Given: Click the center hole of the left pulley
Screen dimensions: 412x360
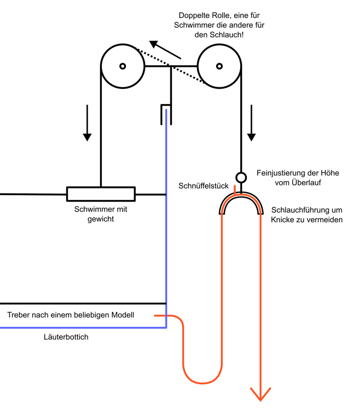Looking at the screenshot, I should point(122,66).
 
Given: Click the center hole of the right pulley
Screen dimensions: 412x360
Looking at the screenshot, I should point(219,66).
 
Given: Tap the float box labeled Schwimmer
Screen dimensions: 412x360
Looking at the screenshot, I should point(100,194).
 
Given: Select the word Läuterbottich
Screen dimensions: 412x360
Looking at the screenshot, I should point(66,337).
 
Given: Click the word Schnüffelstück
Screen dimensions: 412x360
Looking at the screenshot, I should point(203,186).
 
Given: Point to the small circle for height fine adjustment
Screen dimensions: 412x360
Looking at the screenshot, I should point(241,178).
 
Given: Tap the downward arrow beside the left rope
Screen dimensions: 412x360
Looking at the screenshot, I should point(87,123).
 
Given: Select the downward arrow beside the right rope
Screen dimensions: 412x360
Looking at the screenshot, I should point(251,123).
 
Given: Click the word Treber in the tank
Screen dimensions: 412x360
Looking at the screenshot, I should point(18,315).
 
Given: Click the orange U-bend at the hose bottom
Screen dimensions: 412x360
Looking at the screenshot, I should point(202,380).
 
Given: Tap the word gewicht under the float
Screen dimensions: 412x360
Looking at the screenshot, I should point(100,219).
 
